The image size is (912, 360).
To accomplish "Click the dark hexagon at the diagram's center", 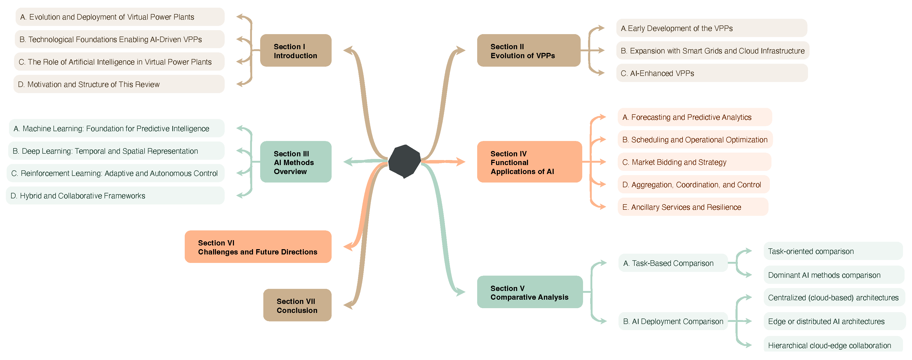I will click(x=404, y=161).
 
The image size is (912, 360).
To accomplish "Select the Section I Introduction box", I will click(x=296, y=51).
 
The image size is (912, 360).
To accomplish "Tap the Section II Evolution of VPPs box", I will click(x=528, y=51).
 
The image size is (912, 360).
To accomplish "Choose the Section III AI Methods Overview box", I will click(x=296, y=162).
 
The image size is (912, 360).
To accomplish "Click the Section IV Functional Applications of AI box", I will click(x=529, y=162).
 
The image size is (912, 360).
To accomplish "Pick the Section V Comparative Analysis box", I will click(x=529, y=292).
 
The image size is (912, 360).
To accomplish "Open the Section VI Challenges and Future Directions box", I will click(x=258, y=247).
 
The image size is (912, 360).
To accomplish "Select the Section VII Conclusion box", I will click(x=297, y=305).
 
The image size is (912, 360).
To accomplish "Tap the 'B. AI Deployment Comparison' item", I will click(x=673, y=321).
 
